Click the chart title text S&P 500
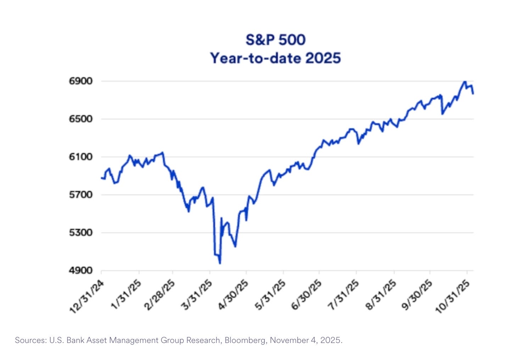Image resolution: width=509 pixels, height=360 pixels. [x=275, y=40]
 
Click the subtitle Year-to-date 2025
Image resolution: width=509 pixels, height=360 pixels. [x=275, y=58]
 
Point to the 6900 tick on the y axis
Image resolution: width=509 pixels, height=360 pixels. [x=80, y=81]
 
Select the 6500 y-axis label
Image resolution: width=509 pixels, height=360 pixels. [x=80, y=119]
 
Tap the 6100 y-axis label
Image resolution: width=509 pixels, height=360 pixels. [x=80, y=157]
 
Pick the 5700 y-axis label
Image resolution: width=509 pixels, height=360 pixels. [x=80, y=195]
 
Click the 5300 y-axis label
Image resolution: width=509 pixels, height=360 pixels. [x=80, y=232]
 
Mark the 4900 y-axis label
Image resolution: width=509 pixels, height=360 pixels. [x=80, y=270]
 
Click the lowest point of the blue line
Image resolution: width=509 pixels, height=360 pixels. [x=220, y=263]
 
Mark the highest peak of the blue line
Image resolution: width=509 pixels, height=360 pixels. [x=465, y=81]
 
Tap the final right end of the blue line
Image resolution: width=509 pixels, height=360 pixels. [x=473, y=94]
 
